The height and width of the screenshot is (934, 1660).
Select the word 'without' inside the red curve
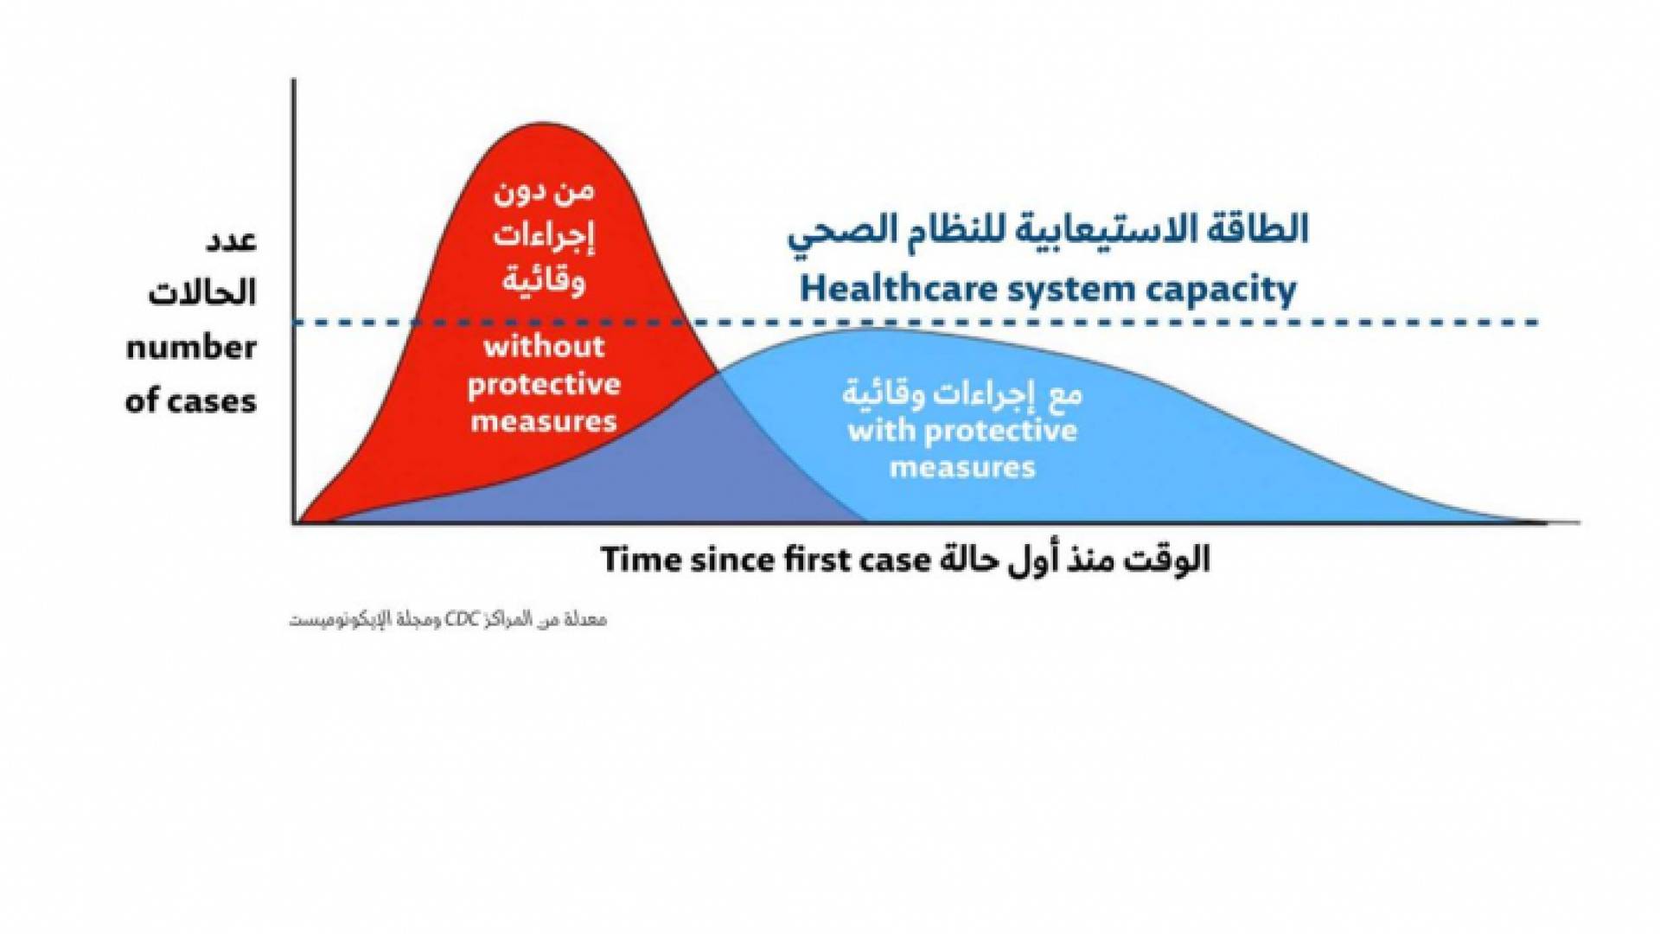point(544,347)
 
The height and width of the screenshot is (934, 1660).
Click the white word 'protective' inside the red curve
point(544,385)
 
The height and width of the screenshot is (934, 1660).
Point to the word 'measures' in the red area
point(544,422)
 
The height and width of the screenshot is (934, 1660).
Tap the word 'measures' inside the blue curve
point(962,468)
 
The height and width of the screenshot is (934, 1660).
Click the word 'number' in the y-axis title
point(191,348)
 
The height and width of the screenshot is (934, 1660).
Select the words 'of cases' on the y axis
point(191,401)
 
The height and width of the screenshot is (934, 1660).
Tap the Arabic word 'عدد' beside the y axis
point(231,240)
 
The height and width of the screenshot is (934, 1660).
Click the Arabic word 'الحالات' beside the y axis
point(202,293)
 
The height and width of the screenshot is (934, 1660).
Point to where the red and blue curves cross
point(718,373)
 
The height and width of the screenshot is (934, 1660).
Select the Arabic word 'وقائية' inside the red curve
point(544,281)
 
